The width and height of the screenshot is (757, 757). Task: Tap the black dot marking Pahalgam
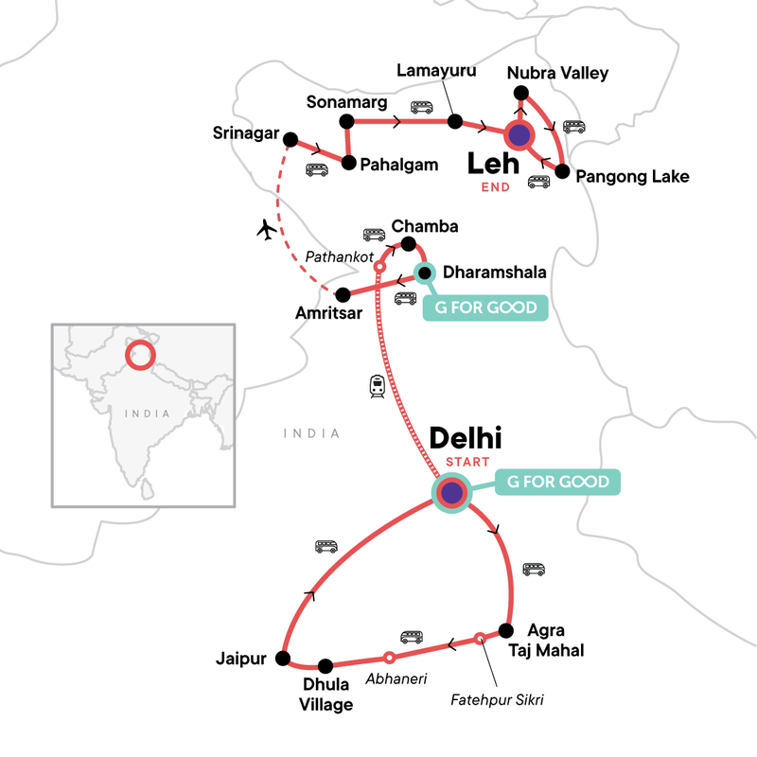348,163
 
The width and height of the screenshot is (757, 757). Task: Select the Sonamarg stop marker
346,121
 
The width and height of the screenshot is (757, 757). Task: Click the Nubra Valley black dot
519,92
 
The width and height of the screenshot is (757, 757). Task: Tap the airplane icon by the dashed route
266,229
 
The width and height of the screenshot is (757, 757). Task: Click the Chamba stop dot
409,245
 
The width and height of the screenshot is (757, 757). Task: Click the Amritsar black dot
344,293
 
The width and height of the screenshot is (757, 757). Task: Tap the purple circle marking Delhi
451,492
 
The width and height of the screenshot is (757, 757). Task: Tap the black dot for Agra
505,628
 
